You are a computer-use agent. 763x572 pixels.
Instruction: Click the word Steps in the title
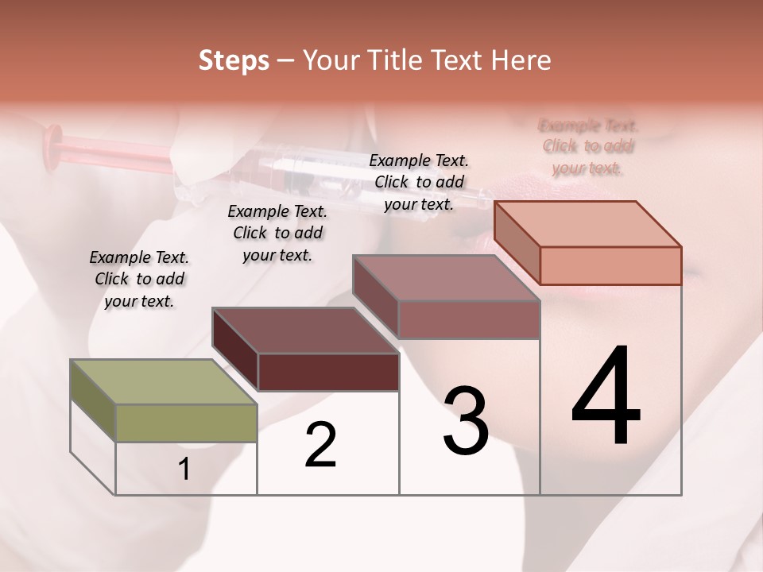tap(234, 60)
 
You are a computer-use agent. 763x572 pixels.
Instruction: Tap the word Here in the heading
tap(521, 60)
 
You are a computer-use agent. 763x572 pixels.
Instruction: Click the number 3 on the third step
tap(466, 421)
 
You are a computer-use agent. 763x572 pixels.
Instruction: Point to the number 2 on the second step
tap(320, 445)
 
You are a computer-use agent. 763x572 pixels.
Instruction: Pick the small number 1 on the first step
tap(184, 470)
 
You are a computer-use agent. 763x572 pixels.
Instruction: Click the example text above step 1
tap(139, 279)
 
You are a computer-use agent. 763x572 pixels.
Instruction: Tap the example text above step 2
tap(277, 233)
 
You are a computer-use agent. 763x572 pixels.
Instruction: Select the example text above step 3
tap(419, 182)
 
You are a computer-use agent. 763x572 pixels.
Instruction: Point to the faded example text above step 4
tap(588, 146)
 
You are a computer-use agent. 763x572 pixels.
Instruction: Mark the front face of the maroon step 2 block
tap(328, 372)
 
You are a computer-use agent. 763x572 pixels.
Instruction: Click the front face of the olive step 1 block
tap(186, 423)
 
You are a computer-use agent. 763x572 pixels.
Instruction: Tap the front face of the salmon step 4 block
tap(610, 265)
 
